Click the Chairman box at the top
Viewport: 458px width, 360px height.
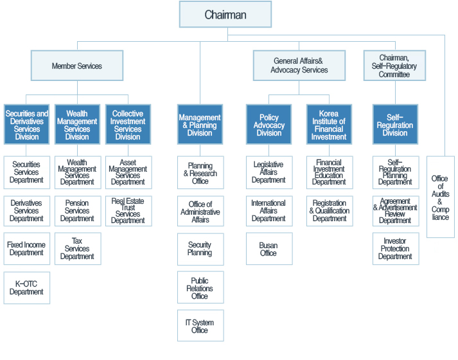pyautogui.click(x=225, y=14)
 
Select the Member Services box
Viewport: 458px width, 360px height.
pyautogui.click(x=77, y=66)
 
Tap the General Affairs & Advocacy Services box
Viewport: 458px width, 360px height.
pyautogui.click(x=299, y=66)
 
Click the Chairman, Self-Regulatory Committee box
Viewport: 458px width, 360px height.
pyautogui.click(x=394, y=66)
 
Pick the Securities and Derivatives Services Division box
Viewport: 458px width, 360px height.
pyautogui.click(x=26, y=125)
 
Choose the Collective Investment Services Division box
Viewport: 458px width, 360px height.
pyautogui.click(x=128, y=125)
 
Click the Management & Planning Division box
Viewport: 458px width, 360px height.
pyautogui.click(x=200, y=125)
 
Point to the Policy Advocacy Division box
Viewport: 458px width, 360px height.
pyautogui.click(x=269, y=125)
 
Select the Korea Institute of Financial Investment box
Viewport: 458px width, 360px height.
pyautogui.click(x=329, y=125)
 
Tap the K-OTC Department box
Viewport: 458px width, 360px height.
pyautogui.click(x=27, y=288)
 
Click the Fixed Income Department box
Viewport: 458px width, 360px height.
pyautogui.click(x=27, y=249)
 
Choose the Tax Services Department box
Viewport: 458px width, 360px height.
pyautogui.click(x=78, y=249)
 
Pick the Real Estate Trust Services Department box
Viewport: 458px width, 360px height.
pyautogui.click(x=128, y=211)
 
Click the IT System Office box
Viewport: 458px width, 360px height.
pyautogui.click(x=200, y=325)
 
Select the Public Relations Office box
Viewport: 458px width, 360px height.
pyautogui.click(x=200, y=287)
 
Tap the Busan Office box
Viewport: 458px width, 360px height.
pyautogui.click(x=269, y=249)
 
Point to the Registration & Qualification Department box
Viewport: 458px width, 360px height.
pyautogui.click(x=330, y=211)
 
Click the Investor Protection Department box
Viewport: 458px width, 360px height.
pyautogui.click(x=396, y=249)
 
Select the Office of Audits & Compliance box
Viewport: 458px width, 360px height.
pyautogui.click(x=441, y=197)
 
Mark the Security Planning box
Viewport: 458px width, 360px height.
pyautogui.click(x=200, y=249)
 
